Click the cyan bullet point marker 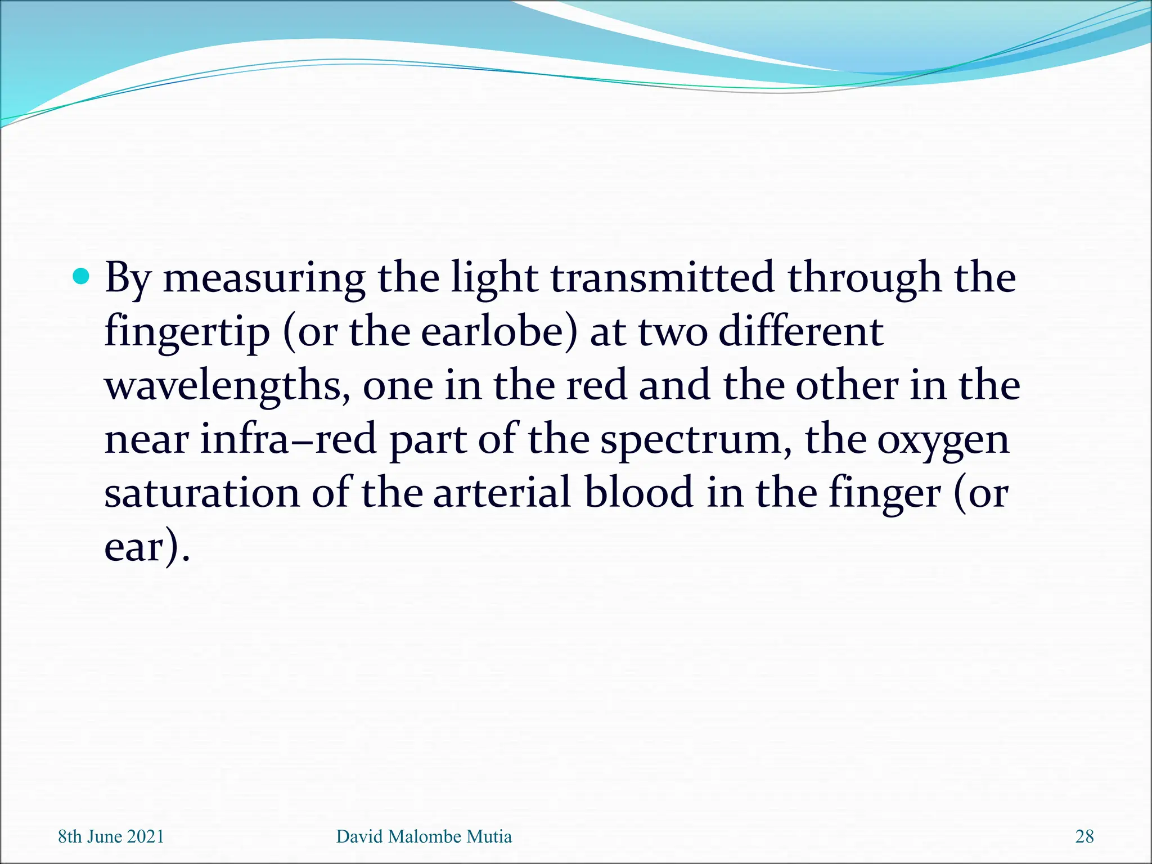[82, 276]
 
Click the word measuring [264, 278]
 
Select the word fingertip [187, 332]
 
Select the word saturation [202, 493]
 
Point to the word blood [638, 493]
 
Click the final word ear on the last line [134, 547]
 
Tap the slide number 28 [1084, 836]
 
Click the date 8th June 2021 [111, 836]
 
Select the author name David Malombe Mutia [424, 836]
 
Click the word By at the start [128, 278]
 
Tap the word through [863, 278]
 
